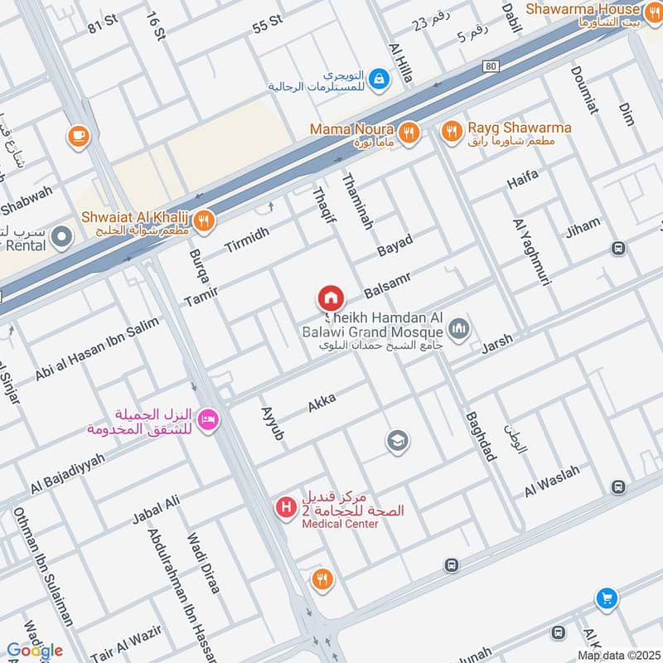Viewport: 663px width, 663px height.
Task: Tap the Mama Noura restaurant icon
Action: point(408,132)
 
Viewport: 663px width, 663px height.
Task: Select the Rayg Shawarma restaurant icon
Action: point(452,131)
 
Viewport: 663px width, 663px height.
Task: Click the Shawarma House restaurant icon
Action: point(654,11)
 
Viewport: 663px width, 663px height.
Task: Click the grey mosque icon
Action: point(462,329)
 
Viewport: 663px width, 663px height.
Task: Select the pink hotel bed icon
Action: point(209,420)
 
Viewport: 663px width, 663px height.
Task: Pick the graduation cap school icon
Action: point(398,442)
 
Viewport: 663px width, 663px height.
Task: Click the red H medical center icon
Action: point(287,506)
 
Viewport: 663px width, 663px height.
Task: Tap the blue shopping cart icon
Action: point(607,598)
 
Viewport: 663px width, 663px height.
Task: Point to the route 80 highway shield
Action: point(491,66)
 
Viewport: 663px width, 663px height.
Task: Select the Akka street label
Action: point(322,404)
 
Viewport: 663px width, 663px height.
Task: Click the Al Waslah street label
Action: point(551,479)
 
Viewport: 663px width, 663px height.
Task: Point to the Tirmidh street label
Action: point(247,240)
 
